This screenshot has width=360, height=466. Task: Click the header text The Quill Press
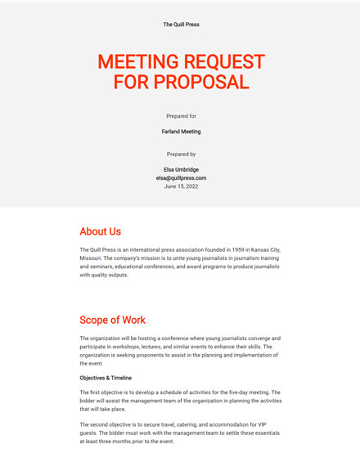[x=181, y=25]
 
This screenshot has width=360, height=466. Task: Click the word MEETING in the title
[x=137, y=62]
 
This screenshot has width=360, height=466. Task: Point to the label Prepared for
[x=181, y=116]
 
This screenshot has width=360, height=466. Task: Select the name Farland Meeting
[x=181, y=131]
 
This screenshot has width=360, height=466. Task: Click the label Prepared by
[x=181, y=154]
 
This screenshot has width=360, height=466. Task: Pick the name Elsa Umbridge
[x=181, y=169]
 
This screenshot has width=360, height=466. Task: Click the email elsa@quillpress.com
[x=181, y=177]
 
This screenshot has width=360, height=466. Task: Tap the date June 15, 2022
[x=181, y=186]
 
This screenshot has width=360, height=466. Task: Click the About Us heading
[x=100, y=231]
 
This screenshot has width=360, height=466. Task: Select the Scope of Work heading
[x=112, y=320]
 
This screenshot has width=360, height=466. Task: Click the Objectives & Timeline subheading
[x=106, y=378]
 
